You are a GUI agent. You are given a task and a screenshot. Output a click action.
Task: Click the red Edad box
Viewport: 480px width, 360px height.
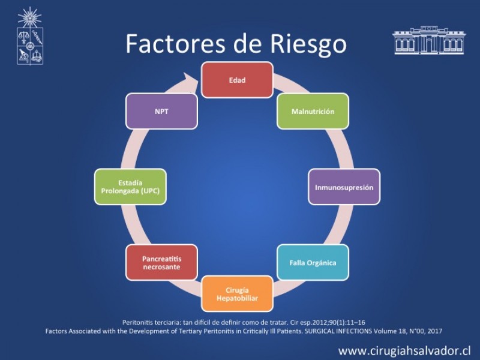click(x=237, y=79)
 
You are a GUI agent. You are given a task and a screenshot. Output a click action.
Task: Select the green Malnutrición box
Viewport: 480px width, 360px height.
click(x=313, y=112)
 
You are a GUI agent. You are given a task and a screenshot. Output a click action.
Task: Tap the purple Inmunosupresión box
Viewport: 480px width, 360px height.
click(x=344, y=187)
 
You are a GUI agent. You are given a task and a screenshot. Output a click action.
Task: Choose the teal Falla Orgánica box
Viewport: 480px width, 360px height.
click(x=313, y=263)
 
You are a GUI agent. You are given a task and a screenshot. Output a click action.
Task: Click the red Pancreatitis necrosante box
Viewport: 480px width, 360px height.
click(x=161, y=263)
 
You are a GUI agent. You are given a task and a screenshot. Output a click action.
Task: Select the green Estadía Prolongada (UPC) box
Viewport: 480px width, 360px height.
click(x=130, y=187)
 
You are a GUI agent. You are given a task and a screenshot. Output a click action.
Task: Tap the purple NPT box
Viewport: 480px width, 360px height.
click(x=161, y=112)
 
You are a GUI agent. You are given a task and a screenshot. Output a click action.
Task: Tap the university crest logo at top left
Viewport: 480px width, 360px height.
click(x=29, y=37)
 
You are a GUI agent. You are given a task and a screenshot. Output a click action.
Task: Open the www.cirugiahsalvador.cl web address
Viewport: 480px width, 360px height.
click(x=404, y=350)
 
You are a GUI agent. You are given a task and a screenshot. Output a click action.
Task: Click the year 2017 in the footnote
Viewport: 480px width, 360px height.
click(x=434, y=331)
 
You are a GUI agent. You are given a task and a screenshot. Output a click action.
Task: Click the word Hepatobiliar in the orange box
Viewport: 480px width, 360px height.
click(x=237, y=296)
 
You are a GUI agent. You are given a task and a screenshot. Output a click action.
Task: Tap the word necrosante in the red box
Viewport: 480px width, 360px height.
click(x=161, y=268)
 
